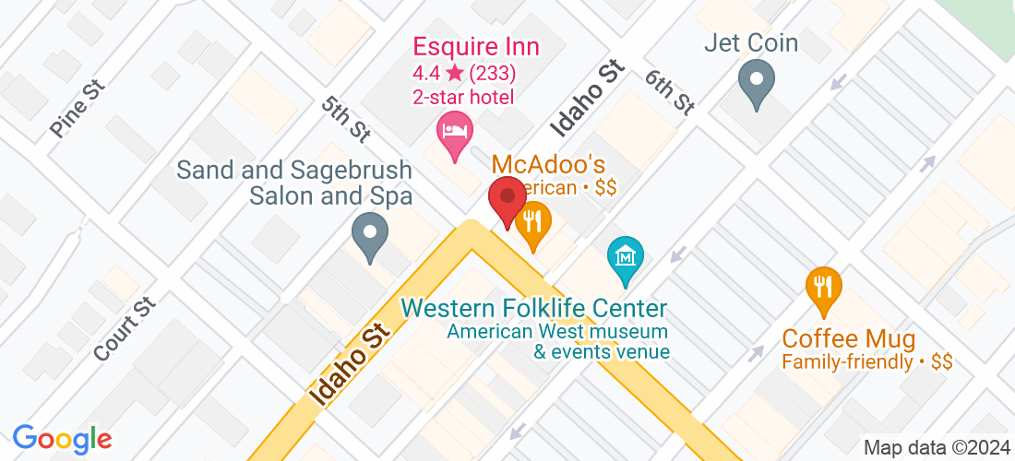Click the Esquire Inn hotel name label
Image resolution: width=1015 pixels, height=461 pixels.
475,46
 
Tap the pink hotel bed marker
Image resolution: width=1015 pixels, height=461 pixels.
454,130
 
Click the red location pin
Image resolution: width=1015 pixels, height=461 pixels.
507,197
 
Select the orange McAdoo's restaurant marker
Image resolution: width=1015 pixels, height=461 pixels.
532,222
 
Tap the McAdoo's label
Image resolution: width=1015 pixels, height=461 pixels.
548,165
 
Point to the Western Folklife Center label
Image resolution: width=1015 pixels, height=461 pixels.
534,308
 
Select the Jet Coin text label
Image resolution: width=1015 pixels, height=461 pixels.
751,42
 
